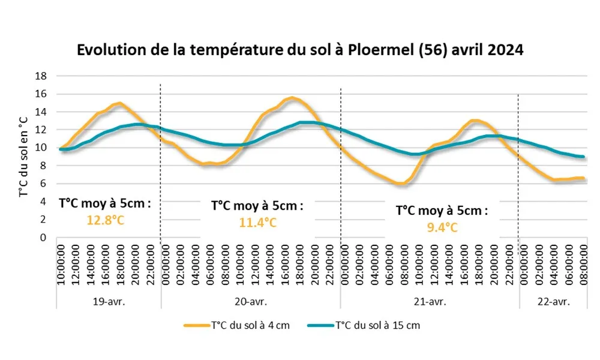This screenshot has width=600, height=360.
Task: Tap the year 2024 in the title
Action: [505, 50]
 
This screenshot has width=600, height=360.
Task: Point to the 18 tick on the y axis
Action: [41, 76]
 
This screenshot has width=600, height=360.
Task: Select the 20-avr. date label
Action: [251, 300]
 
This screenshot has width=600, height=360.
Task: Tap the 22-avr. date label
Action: [553, 300]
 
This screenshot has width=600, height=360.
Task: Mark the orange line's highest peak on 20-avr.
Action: [292, 98]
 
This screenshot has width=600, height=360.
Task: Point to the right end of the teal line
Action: [583, 157]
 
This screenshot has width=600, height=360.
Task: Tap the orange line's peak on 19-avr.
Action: [120, 103]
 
